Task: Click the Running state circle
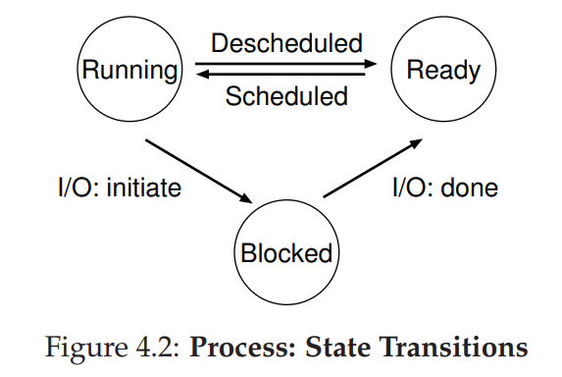[x=130, y=70]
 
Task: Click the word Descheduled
[x=286, y=44]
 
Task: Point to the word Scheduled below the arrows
[x=286, y=96]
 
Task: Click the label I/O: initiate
[x=119, y=188]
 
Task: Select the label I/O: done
[x=445, y=188]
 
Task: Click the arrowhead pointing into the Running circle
[x=198, y=75]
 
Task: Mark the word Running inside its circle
[x=130, y=70]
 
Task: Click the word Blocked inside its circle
[x=285, y=252]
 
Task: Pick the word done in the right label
[x=468, y=188]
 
